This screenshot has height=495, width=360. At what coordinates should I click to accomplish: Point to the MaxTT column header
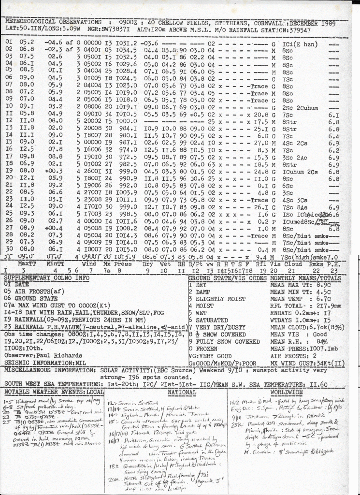pyautogui.click(x=27, y=264)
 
